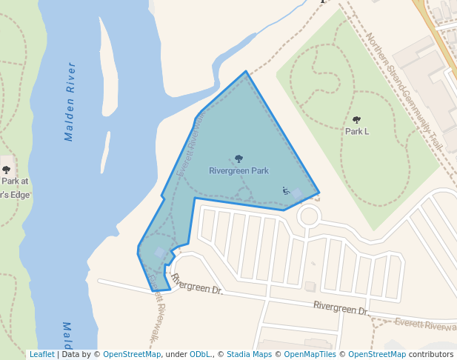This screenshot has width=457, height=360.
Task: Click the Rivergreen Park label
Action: click(238, 170)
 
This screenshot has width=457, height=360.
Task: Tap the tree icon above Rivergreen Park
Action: click(238, 159)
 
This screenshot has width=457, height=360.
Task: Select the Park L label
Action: click(357, 131)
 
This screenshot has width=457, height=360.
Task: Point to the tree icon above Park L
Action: click(357, 119)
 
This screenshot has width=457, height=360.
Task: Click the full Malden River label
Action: click(70, 102)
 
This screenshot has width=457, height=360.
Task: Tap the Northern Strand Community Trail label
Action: click(404, 93)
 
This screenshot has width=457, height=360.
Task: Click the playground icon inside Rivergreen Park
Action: click(286, 190)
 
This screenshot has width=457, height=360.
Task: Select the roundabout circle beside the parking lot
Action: click(308, 217)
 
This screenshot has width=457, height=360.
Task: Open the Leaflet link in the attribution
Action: click(41, 355)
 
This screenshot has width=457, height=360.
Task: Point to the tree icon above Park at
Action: click(7, 170)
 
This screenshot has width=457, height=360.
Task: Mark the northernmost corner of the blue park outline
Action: click(246, 72)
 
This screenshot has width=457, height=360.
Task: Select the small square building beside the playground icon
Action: click(297, 194)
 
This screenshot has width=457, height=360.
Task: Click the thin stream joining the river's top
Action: click(252, 41)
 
